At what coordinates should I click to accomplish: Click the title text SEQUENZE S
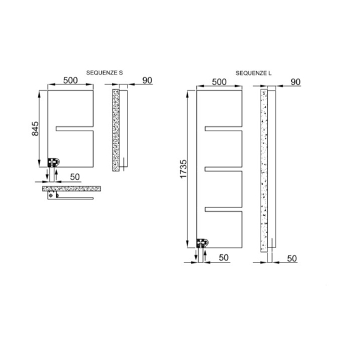coord(104,73)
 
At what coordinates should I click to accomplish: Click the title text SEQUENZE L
coord(254,73)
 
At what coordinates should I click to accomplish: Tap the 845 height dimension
coord(36,128)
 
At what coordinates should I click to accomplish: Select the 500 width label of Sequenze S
coord(69,81)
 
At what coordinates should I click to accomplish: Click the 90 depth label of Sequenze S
coord(147,81)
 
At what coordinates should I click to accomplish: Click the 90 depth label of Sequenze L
coord(296,82)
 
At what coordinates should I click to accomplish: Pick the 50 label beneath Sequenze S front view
coord(74,176)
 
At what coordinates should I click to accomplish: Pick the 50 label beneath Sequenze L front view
coord(223,256)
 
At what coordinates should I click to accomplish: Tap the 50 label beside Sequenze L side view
coord(291,257)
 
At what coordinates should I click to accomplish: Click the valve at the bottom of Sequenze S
coord(54,162)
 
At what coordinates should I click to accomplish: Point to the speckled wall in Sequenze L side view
coord(265,169)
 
